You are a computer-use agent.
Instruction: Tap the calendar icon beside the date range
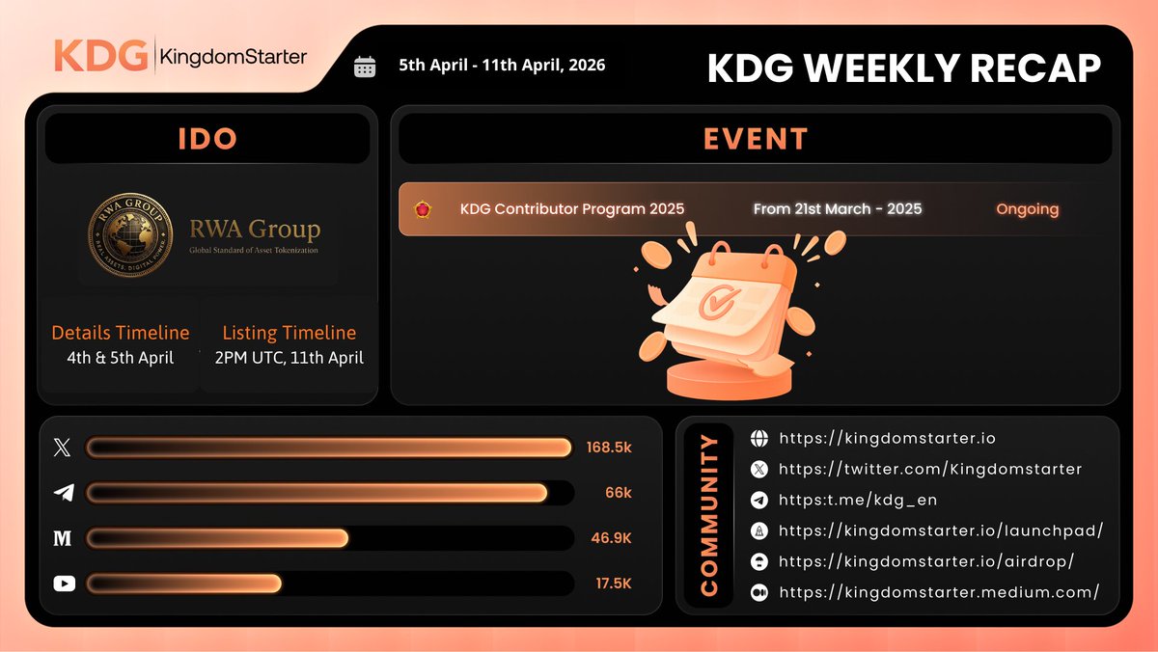tap(365, 67)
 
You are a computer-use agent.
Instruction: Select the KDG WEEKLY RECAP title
tap(903, 68)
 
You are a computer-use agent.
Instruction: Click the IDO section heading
tap(207, 139)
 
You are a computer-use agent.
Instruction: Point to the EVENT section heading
tap(756, 139)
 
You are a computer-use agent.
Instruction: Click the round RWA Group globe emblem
tap(131, 234)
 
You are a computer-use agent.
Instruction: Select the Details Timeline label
tap(121, 333)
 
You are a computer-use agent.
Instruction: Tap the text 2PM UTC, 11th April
tap(289, 358)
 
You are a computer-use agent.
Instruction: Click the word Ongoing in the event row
tap(1027, 209)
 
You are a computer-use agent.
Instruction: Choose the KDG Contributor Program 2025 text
tap(572, 209)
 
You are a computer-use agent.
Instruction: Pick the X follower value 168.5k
tap(609, 448)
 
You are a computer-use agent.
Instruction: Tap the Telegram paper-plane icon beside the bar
tap(64, 493)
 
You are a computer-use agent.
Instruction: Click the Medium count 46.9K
tap(610, 538)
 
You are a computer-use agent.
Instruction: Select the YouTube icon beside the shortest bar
tap(64, 584)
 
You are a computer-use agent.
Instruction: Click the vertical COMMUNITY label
tap(709, 515)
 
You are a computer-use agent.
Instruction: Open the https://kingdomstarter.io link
tap(887, 439)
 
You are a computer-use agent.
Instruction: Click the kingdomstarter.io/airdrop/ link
tap(925, 561)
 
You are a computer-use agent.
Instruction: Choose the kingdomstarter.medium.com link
tap(938, 592)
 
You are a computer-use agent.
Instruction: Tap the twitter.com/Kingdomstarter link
tap(930, 470)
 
